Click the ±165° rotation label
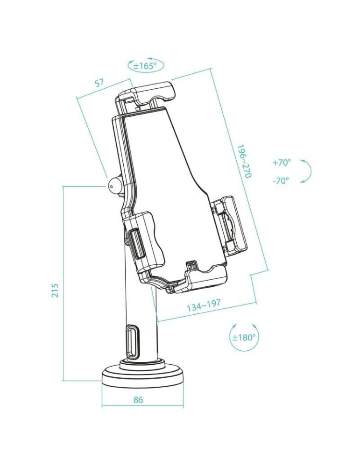click(145, 66)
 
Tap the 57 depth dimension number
click(99, 83)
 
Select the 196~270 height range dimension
click(243, 161)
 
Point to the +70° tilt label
click(281, 163)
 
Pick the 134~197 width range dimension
click(204, 306)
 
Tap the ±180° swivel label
click(244, 337)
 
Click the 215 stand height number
click(55, 290)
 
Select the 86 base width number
click(138, 400)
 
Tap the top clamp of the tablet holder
click(147, 93)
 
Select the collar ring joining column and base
click(142, 363)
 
